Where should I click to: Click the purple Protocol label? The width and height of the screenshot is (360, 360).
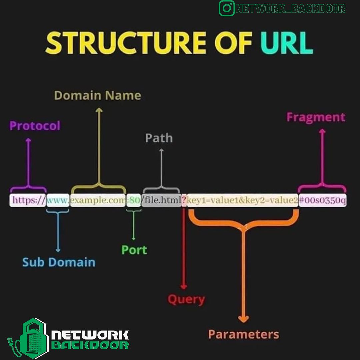35,126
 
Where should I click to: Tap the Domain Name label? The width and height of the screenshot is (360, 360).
97,95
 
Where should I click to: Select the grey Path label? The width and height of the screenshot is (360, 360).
159,138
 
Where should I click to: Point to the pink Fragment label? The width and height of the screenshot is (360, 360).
316,117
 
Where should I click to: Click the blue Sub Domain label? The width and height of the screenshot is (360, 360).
59,262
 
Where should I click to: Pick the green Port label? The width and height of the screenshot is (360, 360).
134,250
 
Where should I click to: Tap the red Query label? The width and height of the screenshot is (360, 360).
186,299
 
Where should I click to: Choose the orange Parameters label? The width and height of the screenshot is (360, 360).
243,334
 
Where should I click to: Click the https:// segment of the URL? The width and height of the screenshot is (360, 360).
28,200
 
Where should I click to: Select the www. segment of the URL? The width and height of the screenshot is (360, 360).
58,200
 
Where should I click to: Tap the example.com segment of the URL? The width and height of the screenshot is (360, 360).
98,200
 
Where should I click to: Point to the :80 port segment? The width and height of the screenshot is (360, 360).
133,200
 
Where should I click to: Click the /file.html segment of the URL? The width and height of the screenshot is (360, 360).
161,200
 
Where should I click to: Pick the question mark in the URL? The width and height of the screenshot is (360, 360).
184,200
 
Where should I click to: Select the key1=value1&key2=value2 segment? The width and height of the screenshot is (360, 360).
242,200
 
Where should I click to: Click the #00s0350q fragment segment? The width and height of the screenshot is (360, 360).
322,200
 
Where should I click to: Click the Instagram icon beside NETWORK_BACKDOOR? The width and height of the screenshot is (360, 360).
227,8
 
